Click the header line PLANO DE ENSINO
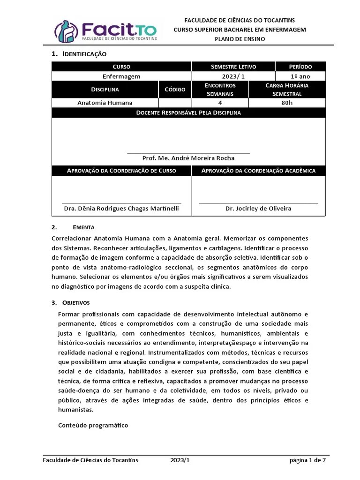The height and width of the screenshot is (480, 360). (x=240, y=39)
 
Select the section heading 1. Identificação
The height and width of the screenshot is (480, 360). (x=79, y=54)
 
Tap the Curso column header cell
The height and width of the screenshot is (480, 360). (x=121, y=67)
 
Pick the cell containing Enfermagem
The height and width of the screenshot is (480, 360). (x=121, y=76)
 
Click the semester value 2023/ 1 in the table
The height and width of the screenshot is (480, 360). (x=233, y=76)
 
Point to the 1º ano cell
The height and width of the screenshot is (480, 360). (x=300, y=76)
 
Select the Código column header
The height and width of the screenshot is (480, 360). (x=175, y=90)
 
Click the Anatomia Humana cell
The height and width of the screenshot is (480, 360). (x=105, y=103)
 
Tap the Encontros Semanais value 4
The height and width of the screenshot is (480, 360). (x=220, y=103)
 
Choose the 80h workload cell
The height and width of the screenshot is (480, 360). (x=287, y=103)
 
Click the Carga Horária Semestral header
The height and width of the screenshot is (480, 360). (x=287, y=90)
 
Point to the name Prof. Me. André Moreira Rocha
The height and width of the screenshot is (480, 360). (x=188, y=158)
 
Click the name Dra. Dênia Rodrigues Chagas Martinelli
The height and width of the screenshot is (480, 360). (x=121, y=208)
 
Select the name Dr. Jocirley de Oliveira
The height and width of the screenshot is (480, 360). (x=258, y=208)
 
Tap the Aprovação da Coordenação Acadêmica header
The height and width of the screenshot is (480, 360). (x=258, y=171)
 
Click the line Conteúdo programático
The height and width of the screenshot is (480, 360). (x=93, y=425)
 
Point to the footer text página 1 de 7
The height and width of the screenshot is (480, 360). (x=307, y=460)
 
